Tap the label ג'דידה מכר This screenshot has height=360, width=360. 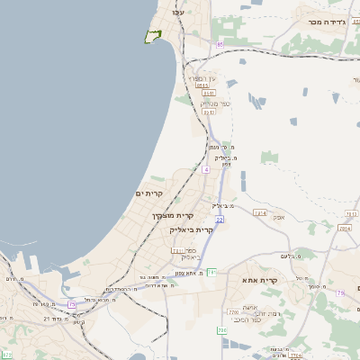pos(327,22)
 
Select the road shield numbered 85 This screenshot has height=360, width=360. pos(219,43)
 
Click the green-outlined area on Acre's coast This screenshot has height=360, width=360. pos(153,36)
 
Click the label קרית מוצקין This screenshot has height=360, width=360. pos(173,216)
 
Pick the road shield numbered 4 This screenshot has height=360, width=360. pos(206,169)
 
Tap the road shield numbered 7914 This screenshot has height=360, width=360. pos(260,212)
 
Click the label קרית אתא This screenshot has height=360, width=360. pos(259,281)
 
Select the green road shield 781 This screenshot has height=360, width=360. pos(212,271)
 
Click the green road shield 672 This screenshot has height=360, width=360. pos(7,354)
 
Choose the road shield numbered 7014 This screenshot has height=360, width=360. pos(344,229)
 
